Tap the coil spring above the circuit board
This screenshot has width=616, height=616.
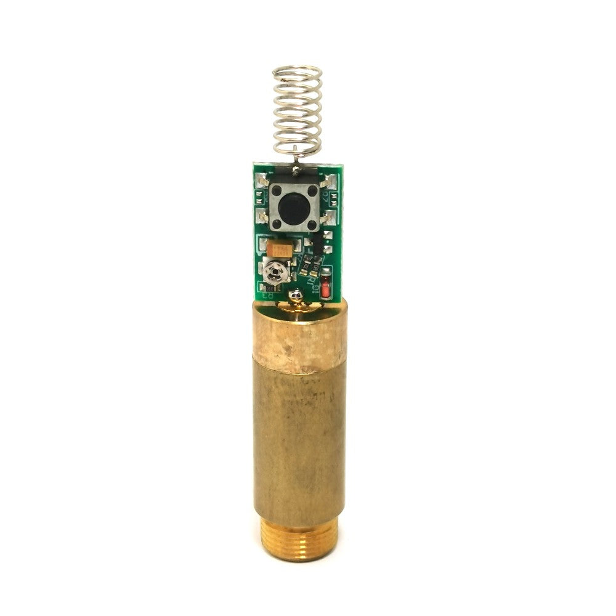pyautogui.click(x=298, y=111)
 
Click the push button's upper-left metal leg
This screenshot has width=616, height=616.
pyautogui.click(x=263, y=181)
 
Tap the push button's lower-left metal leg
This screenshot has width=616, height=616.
pyautogui.click(x=263, y=217)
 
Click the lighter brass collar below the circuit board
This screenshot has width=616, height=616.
pyautogui.click(x=300, y=339)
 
